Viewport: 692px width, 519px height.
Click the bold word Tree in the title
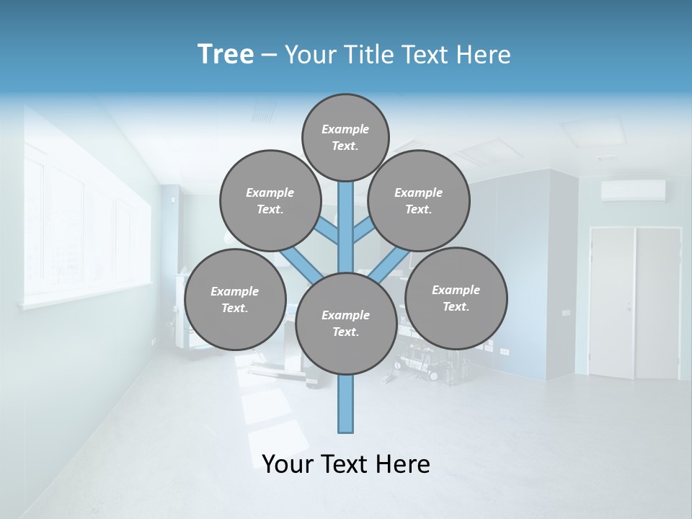click(x=226, y=54)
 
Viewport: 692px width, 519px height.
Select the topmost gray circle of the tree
click(x=345, y=137)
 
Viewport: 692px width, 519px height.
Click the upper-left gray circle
click(x=270, y=200)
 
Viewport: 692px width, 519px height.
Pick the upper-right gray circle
click(x=418, y=200)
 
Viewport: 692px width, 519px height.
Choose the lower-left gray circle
click(x=234, y=299)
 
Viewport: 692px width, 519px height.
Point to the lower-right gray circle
click(x=456, y=298)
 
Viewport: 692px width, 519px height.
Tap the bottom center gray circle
click(x=345, y=323)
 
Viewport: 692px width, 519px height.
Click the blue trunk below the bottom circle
click(x=345, y=404)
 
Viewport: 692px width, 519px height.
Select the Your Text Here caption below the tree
click(x=345, y=463)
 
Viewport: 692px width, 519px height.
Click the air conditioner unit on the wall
click(x=633, y=190)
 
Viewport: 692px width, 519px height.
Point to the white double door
click(x=634, y=303)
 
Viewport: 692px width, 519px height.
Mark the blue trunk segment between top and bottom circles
click(x=345, y=227)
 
